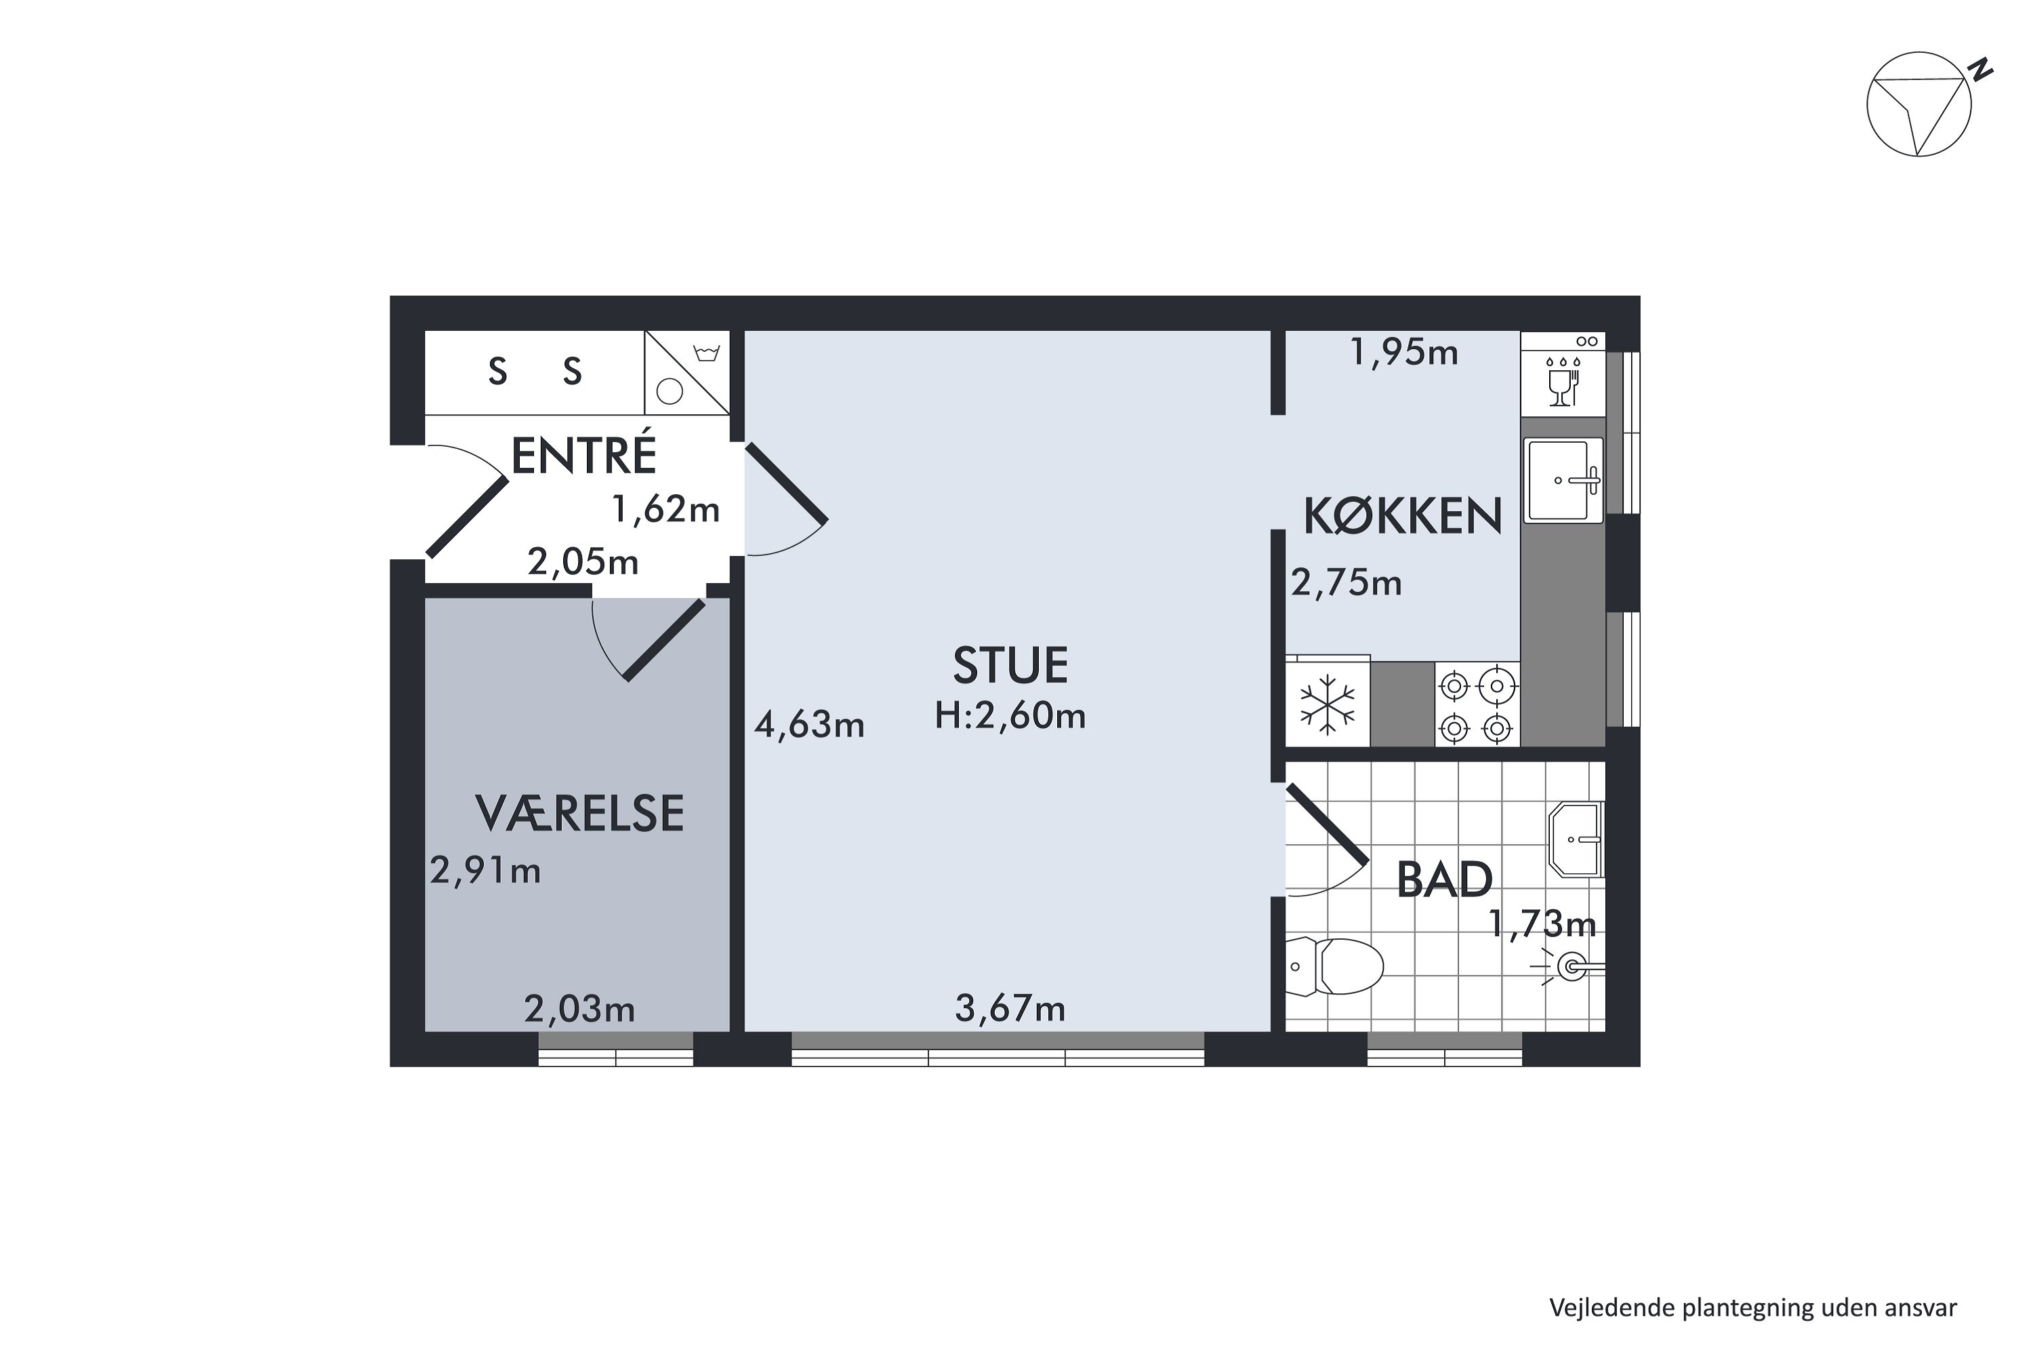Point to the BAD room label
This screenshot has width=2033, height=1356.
(1444, 880)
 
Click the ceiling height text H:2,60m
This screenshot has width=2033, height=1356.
(1010, 716)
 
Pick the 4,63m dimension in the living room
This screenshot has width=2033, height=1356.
(809, 725)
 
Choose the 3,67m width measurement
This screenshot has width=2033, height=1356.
(1010, 1008)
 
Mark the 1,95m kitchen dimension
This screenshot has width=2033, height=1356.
(1403, 353)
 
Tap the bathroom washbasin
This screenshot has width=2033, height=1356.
(1577, 839)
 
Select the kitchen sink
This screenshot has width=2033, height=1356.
(1563, 480)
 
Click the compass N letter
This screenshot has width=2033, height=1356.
(1980, 69)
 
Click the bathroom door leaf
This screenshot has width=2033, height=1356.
(1327, 824)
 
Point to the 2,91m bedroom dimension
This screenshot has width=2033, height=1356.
(485, 871)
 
